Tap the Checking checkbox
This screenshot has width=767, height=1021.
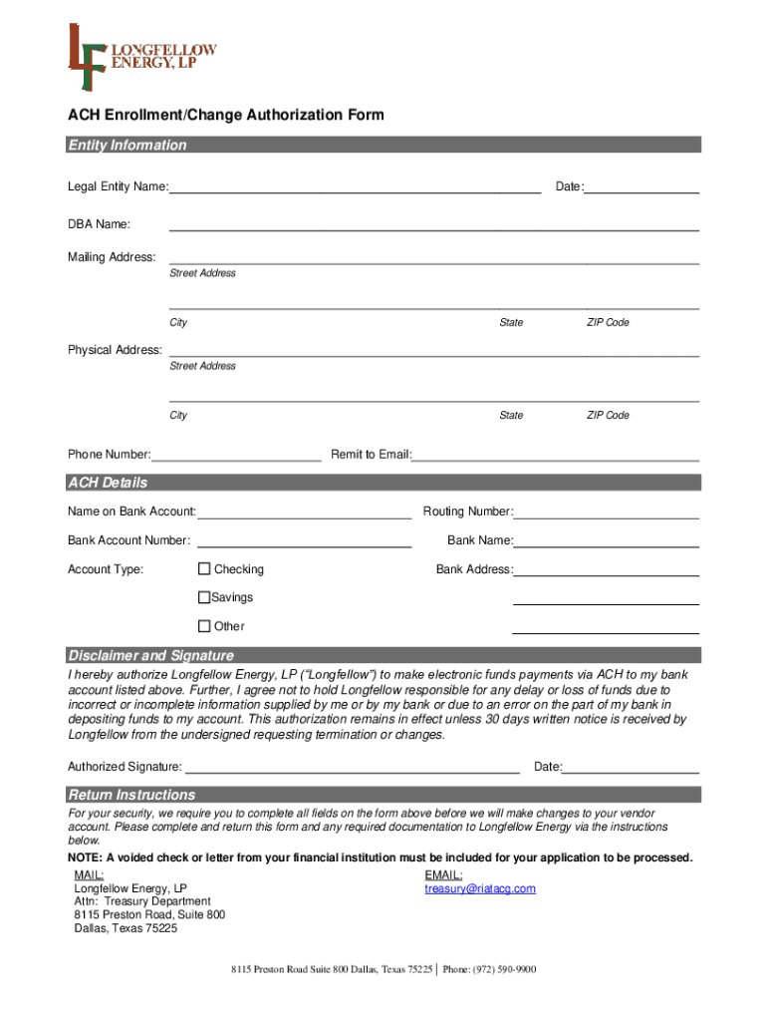click(x=204, y=569)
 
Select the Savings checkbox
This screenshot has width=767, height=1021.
click(x=204, y=597)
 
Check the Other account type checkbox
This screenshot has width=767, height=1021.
click(x=204, y=626)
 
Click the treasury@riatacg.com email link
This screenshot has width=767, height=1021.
click(x=480, y=888)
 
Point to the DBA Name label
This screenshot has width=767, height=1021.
click(x=99, y=223)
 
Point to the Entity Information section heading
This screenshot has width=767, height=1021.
click(x=128, y=146)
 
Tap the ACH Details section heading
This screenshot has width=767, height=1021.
click(x=108, y=483)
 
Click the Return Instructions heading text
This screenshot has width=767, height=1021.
click(x=131, y=795)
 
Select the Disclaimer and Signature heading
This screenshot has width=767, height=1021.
click(x=150, y=655)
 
